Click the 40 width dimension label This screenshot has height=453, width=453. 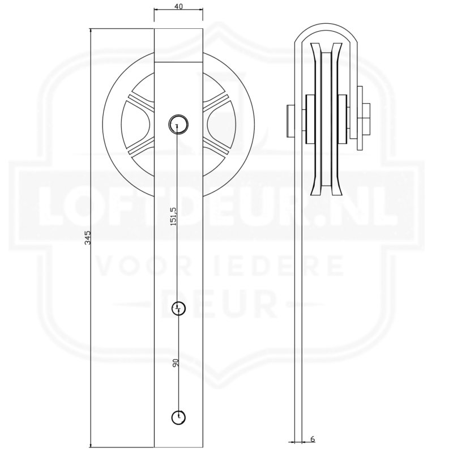tap(178, 6)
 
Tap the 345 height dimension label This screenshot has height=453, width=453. tap(88, 237)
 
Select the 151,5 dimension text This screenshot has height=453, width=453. tap(173, 216)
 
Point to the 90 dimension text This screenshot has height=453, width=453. tap(176, 363)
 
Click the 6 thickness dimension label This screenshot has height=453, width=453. tap(313, 439)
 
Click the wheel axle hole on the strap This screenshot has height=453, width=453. tap(178, 124)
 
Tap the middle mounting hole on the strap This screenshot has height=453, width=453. tap(178, 309)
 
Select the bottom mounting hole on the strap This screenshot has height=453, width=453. tap(178, 417)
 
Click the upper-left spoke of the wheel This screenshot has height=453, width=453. tap(141, 102)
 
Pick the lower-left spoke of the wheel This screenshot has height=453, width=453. tap(141, 147)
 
